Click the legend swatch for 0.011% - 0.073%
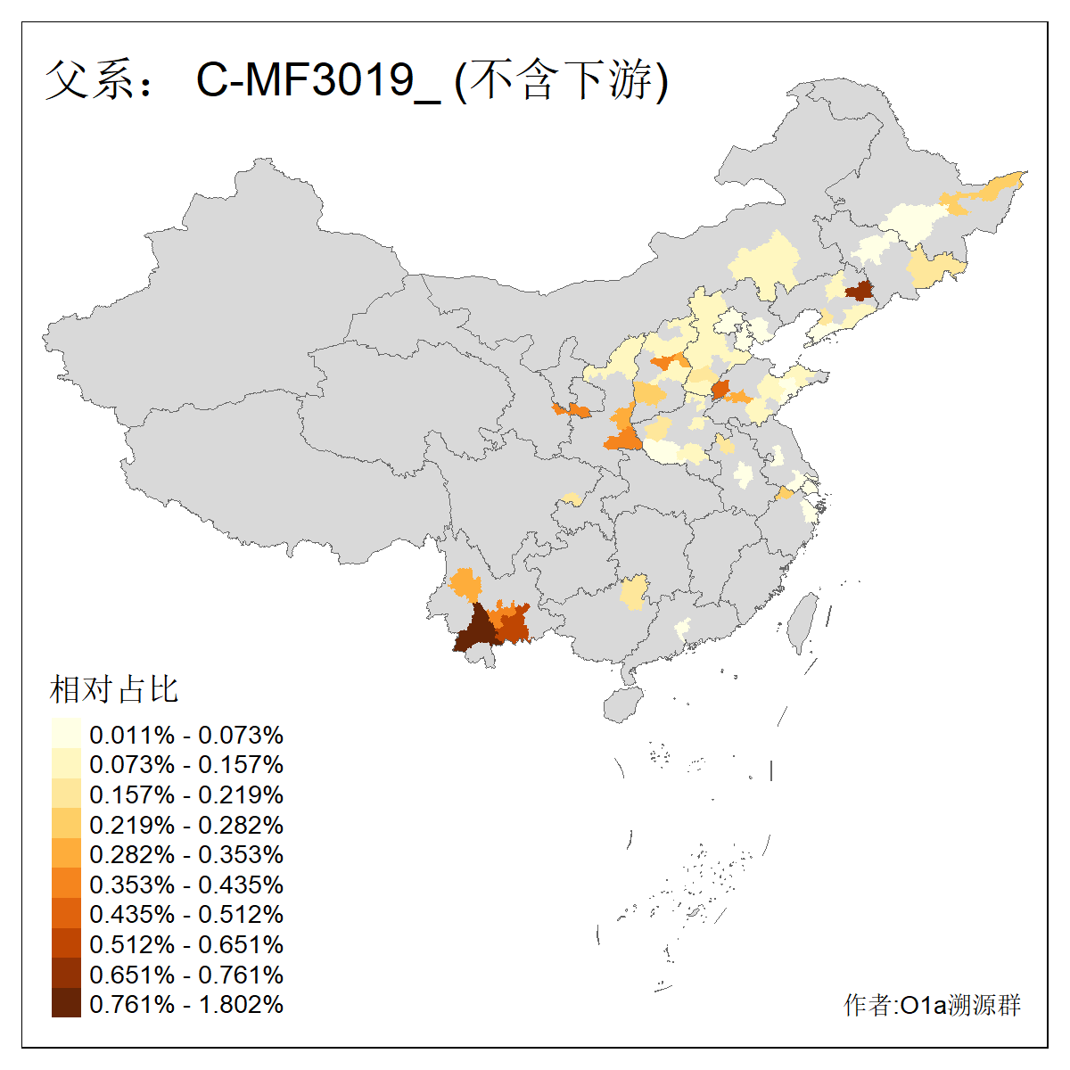coord(66,734)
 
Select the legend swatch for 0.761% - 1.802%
coord(66,1003)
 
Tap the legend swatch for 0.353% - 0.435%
coord(66,884)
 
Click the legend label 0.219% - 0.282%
coord(186,825)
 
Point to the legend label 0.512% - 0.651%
coord(186,944)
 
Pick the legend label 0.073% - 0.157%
coord(186,764)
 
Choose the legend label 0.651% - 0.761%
coord(186,975)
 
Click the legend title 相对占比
coord(114,689)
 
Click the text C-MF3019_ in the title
coord(317,80)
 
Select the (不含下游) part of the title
coord(562,80)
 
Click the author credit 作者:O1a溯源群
coord(932,1006)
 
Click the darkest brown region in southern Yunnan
coord(474,631)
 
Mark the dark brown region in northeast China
coord(859,291)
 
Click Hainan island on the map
coord(623,704)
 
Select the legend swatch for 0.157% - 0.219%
coord(66,794)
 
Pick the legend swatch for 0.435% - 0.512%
coord(66,913)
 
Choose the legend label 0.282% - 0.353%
coord(186,854)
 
